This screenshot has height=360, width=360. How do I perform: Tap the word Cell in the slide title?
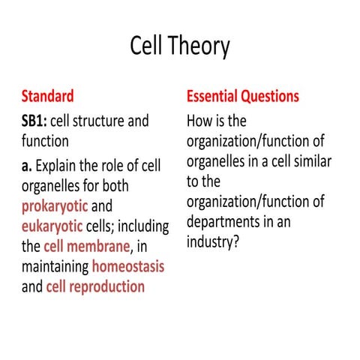click(148, 46)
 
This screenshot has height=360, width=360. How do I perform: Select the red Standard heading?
click(47, 97)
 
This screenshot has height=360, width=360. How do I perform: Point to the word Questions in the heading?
click(271, 97)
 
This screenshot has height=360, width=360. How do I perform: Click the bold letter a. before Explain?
click(27, 162)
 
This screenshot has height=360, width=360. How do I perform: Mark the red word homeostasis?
click(128, 266)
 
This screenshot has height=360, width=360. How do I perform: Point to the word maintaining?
click(55, 266)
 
